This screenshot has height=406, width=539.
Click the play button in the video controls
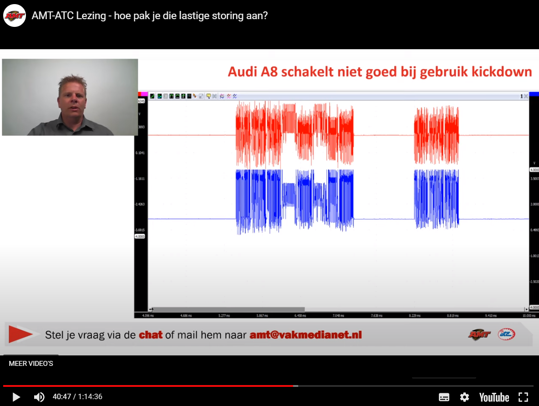pyautogui.click(x=16, y=397)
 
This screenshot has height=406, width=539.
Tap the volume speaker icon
pyautogui.click(x=40, y=397)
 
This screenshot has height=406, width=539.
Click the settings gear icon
pyautogui.click(x=464, y=397)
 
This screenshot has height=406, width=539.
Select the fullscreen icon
pyautogui.click(x=524, y=397)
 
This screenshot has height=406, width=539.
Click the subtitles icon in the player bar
pyautogui.click(x=444, y=397)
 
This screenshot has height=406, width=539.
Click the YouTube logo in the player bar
pyautogui.click(x=494, y=397)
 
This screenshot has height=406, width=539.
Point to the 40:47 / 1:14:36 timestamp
pyautogui.click(x=77, y=397)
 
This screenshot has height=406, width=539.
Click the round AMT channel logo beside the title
pyautogui.click(x=15, y=16)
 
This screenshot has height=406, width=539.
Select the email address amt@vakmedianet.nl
pyautogui.click(x=305, y=335)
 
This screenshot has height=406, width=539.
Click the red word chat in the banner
pyautogui.click(x=151, y=335)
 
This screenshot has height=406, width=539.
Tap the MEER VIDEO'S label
pyautogui.click(x=31, y=364)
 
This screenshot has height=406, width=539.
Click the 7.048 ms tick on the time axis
pyautogui.click(x=337, y=315)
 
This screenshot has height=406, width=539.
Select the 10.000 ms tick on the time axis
pyautogui.click(x=529, y=315)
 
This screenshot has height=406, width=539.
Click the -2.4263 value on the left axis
pyautogui.click(x=140, y=205)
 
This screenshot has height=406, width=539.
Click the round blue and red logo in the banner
pyautogui.click(x=506, y=334)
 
